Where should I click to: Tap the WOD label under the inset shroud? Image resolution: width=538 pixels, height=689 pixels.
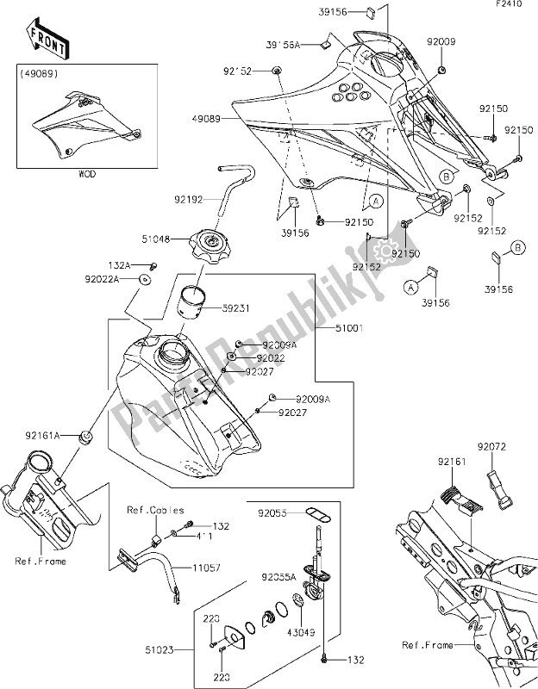click(88, 172)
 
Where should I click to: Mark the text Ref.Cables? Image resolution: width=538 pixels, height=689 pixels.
click(150, 508)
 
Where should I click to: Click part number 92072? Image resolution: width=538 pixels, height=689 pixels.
click(507, 448)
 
